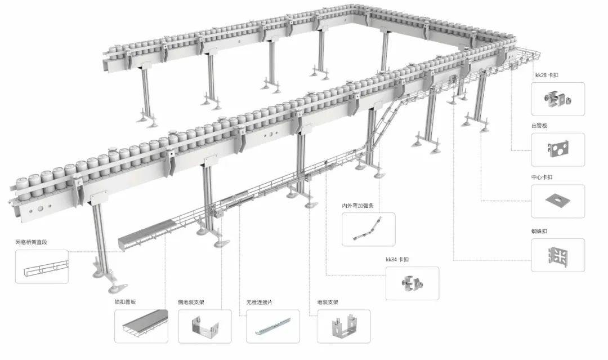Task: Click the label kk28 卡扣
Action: [546, 75]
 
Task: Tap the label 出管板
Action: [539, 126]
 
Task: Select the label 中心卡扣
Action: [542, 177]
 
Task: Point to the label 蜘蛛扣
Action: [539, 231]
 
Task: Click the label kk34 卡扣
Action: [397, 259]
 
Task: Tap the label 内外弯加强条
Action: [357, 206]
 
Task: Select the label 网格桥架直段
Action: [32, 242]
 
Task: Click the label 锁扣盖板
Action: [125, 302]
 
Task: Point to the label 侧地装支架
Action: [191, 302]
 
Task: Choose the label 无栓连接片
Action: [260, 302]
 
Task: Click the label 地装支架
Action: [328, 302]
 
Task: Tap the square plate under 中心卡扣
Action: [557, 200]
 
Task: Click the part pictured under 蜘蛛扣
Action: [558, 255]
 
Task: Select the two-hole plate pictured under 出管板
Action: [558, 150]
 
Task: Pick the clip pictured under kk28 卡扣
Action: [558, 99]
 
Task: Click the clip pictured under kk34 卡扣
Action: [412, 283]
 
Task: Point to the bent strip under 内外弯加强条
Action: [367, 229]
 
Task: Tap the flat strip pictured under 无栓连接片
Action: [273, 326]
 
